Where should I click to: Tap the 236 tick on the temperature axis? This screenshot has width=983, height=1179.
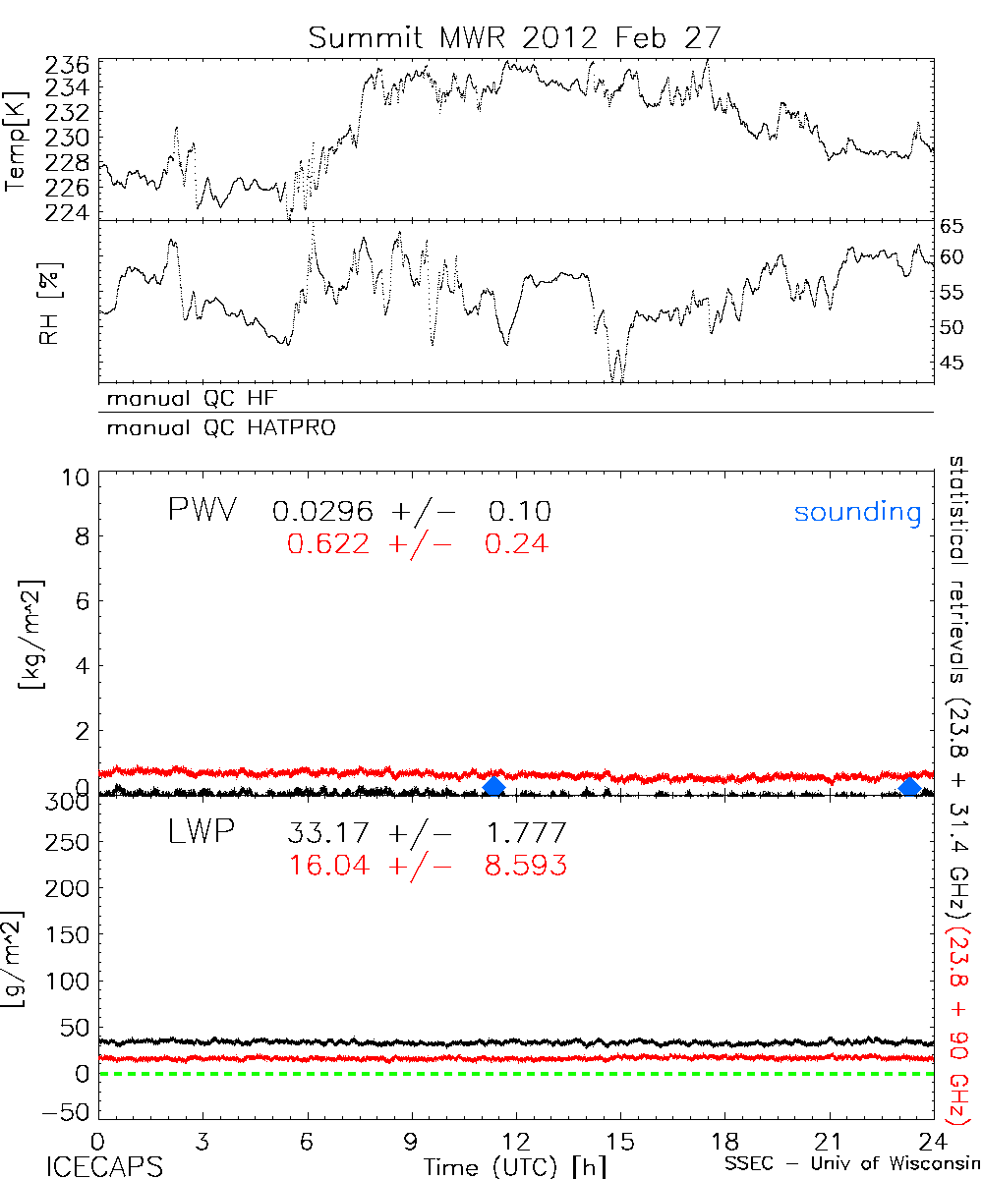(x=68, y=66)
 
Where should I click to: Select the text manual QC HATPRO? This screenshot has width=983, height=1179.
(x=212, y=428)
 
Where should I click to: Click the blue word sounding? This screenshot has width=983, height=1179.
(x=857, y=512)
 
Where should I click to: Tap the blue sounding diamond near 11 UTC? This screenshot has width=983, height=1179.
(x=494, y=786)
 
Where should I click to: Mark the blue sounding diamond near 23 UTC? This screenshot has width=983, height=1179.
(x=910, y=787)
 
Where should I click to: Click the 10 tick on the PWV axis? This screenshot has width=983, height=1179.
(x=77, y=478)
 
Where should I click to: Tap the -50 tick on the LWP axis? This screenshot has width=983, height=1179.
(x=68, y=1113)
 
